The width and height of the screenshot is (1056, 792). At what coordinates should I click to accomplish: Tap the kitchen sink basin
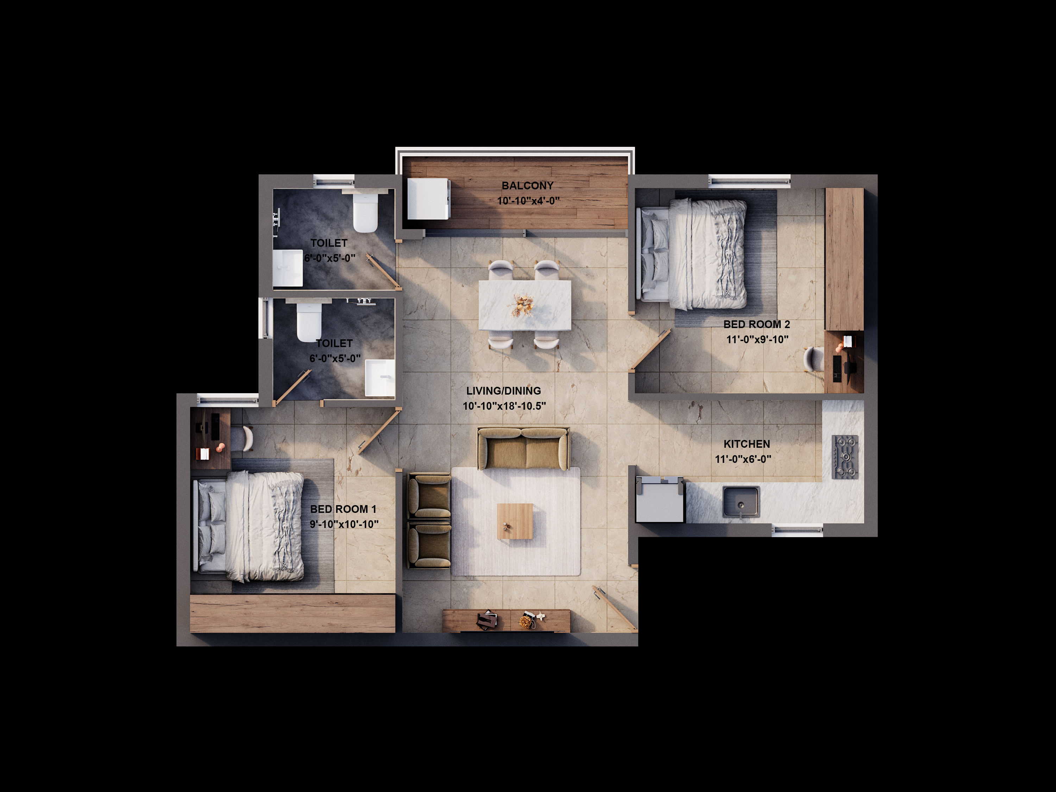[741, 502]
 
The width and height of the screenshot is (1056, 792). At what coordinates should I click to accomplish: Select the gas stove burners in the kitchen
[845, 457]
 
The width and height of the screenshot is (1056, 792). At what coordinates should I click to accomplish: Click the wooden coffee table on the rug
[515, 521]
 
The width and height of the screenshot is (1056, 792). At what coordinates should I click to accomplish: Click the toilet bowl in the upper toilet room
[365, 213]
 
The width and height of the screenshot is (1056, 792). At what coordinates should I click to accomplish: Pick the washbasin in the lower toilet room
[380, 378]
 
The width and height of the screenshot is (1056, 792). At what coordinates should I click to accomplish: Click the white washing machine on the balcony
[428, 199]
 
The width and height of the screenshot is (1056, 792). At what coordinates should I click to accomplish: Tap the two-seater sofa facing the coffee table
[523, 449]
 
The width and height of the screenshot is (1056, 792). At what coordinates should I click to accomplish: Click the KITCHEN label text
[747, 444]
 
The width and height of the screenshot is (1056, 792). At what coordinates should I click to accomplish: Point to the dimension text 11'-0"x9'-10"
[757, 339]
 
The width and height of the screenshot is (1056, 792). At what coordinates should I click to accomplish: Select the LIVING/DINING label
[504, 390]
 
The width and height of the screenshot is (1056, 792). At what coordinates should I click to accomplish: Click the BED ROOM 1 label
[343, 509]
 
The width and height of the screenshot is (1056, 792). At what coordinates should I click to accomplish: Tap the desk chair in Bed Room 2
[814, 359]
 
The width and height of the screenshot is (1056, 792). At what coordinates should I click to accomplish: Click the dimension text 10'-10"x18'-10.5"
[504, 406]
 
